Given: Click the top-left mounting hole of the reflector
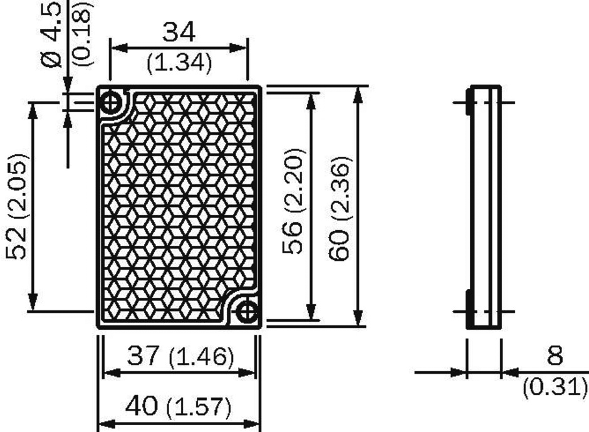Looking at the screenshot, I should pyautogui.click(x=112, y=102).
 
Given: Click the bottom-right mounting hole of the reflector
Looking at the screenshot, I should pyautogui.click(x=248, y=310).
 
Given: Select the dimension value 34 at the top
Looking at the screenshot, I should pyautogui.click(x=179, y=31).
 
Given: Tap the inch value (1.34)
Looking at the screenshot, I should pyautogui.click(x=179, y=63).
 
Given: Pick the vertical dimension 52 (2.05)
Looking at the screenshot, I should pyautogui.click(x=17, y=206).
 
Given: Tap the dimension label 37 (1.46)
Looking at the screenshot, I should pyautogui.click(x=180, y=357).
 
